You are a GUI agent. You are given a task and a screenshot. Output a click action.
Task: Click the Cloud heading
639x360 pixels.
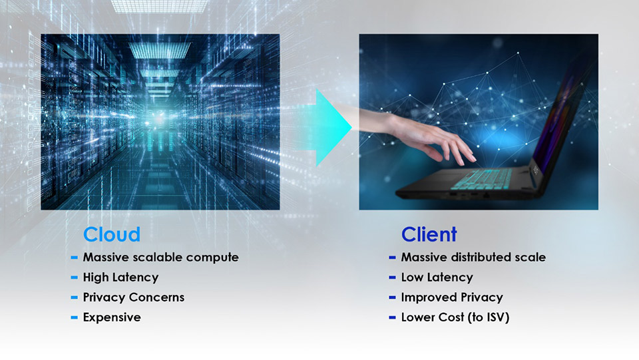coord(111,234)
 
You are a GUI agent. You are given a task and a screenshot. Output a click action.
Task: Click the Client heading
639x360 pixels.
coord(429,234)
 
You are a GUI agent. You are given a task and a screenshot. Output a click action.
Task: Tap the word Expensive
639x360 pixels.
coord(112,317)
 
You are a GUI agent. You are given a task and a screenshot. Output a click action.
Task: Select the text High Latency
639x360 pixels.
coord(120,277)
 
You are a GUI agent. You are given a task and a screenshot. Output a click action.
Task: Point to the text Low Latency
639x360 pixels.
coord(437,277)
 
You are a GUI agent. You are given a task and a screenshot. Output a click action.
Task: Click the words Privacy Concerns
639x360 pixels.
coord(133,297)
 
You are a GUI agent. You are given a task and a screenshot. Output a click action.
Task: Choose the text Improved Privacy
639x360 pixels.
coord(451,297)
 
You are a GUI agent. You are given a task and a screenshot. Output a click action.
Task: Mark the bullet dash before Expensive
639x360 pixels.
coord(75,317)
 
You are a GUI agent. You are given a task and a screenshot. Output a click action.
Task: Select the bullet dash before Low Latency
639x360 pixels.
coord(393,277)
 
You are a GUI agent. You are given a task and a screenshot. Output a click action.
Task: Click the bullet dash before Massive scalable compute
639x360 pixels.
coord(75,258)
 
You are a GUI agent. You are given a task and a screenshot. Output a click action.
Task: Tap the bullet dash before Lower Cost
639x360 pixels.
coord(393,317)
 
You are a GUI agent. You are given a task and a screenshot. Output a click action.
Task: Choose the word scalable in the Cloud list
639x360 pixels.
coord(150,258)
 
